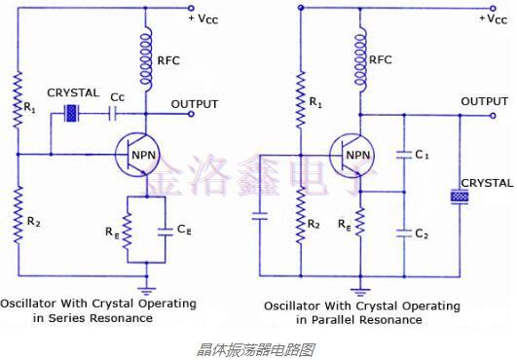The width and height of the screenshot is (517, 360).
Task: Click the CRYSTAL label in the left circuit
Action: tap(73, 92)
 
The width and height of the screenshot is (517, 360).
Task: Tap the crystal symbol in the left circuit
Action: tap(71, 113)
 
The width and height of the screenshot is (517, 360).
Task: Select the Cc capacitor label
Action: tap(117, 97)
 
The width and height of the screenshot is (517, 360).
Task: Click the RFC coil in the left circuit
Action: tap(148, 57)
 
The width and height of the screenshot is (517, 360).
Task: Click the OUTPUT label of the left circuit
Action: tap(195, 103)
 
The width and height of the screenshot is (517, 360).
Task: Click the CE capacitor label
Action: tap(184, 230)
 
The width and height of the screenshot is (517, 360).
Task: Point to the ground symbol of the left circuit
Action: tap(147, 289)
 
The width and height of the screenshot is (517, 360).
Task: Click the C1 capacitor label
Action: tap(424, 154)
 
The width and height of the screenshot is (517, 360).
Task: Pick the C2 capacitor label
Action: tap(424, 234)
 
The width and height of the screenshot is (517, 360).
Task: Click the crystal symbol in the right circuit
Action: tap(459, 198)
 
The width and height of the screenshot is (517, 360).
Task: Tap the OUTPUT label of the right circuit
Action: tap(484, 101)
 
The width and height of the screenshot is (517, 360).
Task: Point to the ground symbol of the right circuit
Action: tap(361, 289)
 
